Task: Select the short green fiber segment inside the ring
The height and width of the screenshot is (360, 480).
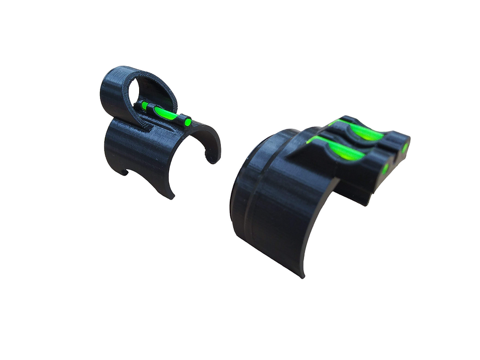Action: tap(144, 105)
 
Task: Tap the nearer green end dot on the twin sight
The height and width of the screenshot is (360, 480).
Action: tap(385, 169)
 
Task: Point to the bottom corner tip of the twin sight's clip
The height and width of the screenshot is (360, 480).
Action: tap(302, 275)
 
